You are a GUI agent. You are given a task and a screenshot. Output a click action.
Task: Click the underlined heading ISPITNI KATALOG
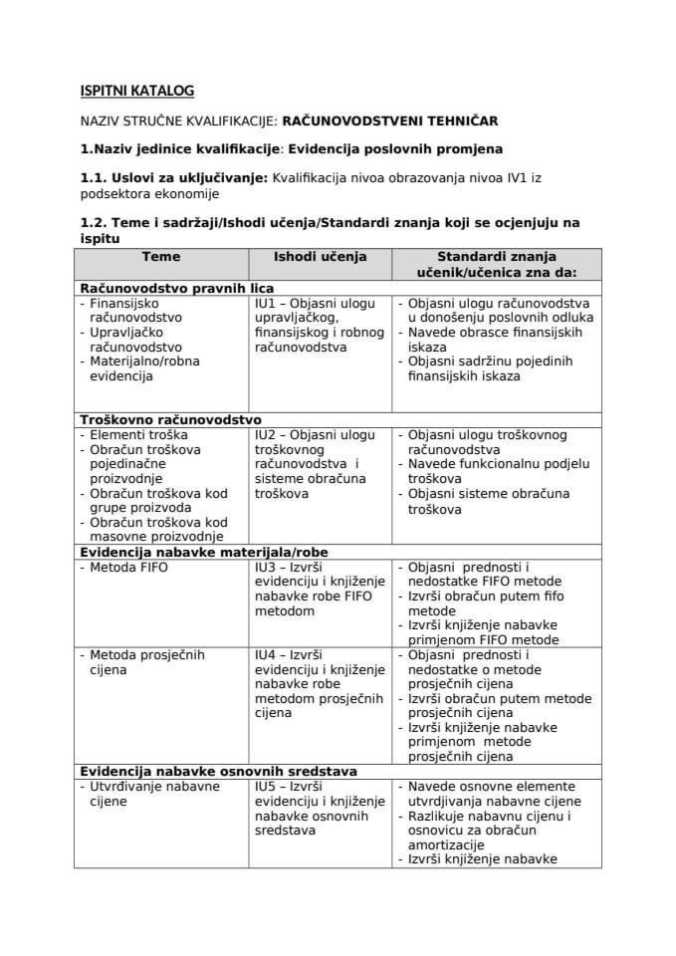pyautogui.click(x=136, y=92)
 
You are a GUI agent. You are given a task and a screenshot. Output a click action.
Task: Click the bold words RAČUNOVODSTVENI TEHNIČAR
pyautogui.click(x=390, y=120)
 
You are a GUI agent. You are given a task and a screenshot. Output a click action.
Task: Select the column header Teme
pyautogui.click(x=161, y=257)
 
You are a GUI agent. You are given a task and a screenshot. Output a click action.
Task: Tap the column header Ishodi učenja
pyautogui.click(x=321, y=257)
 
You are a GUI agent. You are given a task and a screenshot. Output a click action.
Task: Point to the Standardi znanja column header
pyautogui.click(x=496, y=264)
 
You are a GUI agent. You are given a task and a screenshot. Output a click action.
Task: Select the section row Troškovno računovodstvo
pyautogui.click(x=169, y=420)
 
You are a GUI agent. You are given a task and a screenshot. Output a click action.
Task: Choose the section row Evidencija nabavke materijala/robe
pyautogui.click(x=202, y=552)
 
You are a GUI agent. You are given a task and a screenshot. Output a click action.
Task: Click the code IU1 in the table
pyautogui.click(x=265, y=304)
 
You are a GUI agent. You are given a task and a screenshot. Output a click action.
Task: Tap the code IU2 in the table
pyautogui.click(x=265, y=435)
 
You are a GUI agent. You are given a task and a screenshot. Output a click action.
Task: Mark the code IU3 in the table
pyautogui.click(x=265, y=567)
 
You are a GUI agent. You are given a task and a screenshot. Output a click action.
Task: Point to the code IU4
pyautogui.click(x=265, y=655)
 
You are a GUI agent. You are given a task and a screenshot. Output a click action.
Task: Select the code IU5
pyautogui.click(x=265, y=787)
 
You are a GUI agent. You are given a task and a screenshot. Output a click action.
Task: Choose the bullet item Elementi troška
pyautogui.click(x=138, y=435)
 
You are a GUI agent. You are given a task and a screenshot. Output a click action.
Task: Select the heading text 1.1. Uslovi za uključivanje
pyautogui.click(x=174, y=177)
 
